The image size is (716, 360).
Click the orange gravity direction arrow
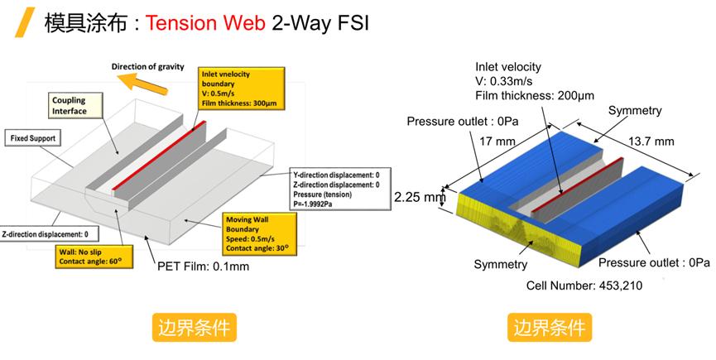pyautogui.click(x=142, y=79)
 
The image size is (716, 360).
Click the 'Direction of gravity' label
pyautogui.click(x=148, y=66)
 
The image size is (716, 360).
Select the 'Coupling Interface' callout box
pyautogui.click(x=69, y=106)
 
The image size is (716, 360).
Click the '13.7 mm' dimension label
pyautogui.click(x=651, y=140)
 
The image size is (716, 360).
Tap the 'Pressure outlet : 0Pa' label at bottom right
pyautogui.click(x=655, y=262)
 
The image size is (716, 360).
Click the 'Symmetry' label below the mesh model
pyautogui.click(x=500, y=264)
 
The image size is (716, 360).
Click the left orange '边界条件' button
pyautogui.click(x=195, y=327)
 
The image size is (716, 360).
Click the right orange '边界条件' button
pyautogui.click(x=550, y=327)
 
